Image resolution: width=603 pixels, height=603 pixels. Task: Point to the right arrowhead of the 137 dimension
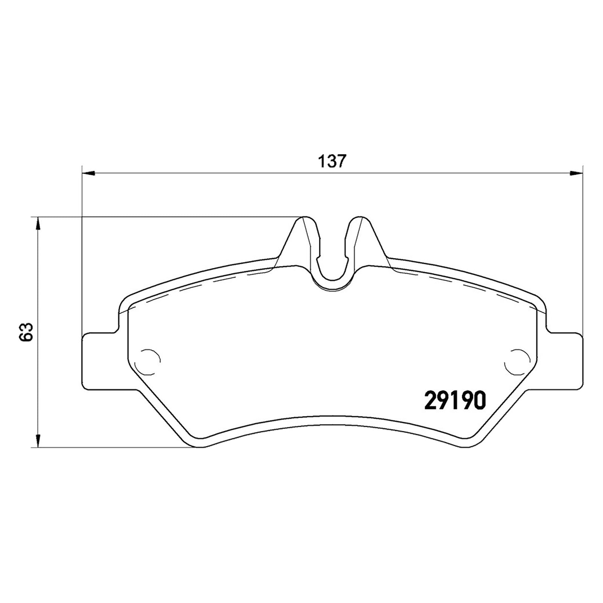[x=576, y=173]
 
